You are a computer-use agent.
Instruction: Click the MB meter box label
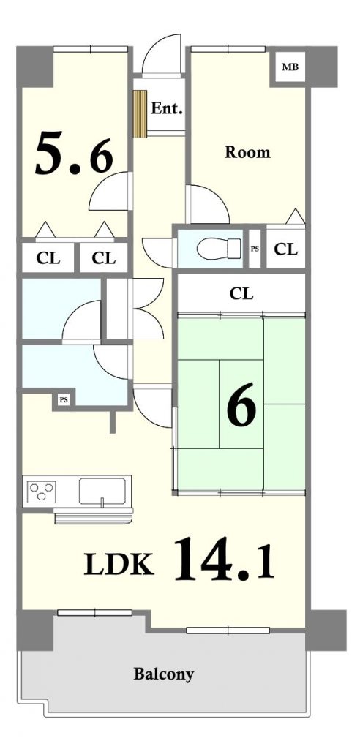(290, 67)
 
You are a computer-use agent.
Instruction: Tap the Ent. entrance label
(167, 108)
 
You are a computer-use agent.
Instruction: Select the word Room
(247, 152)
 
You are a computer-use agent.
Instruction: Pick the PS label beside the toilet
(255, 249)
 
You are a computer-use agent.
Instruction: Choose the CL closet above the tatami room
(241, 293)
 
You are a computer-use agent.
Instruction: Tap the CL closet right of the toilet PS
(286, 249)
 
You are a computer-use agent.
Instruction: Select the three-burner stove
(42, 491)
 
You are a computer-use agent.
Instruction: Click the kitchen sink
(102, 492)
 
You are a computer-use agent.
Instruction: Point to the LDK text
(119, 564)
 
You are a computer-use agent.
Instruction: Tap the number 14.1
(224, 558)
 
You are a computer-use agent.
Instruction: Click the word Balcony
(163, 674)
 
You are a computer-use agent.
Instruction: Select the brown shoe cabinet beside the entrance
(140, 113)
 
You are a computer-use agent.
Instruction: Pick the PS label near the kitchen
(63, 400)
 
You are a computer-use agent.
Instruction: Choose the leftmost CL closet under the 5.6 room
(48, 258)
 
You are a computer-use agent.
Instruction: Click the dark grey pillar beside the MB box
(322, 67)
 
